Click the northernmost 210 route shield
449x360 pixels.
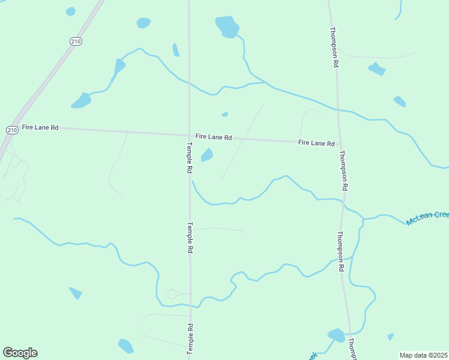(76, 41)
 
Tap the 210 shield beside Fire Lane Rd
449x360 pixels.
(12, 130)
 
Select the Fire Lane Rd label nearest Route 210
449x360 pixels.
(40, 127)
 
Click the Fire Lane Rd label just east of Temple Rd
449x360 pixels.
(214, 137)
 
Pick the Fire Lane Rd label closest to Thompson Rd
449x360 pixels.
(316, 143)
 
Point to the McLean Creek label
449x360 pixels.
(427, 218)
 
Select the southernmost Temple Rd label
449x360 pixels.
(190, 339)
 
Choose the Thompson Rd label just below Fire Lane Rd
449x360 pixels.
(343, 170)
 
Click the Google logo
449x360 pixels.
(20, 353)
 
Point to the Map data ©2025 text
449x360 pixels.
(423, 355)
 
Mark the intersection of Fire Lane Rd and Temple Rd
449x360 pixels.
(189, 135)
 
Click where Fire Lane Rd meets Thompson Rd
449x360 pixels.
(339, 145)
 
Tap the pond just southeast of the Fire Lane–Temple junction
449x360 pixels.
(207, 155)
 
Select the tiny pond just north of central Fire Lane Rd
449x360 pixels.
(225, 114)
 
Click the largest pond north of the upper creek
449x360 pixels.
(228, 26)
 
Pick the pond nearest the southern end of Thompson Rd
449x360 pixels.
(336, 335)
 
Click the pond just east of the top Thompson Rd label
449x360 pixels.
(377, 69)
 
